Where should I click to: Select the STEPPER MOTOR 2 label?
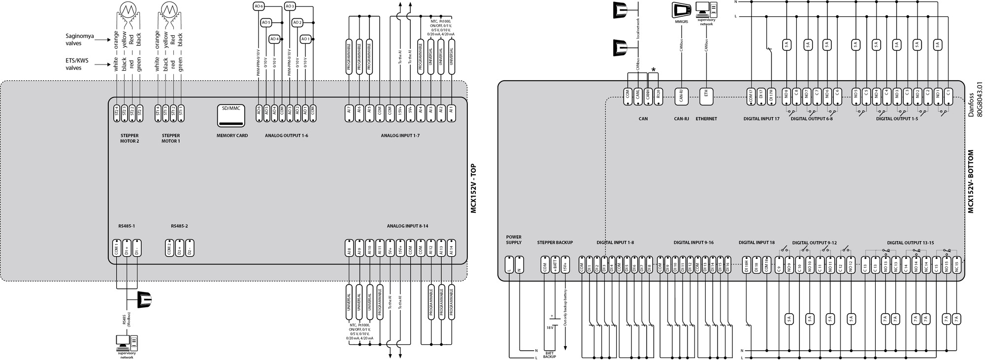point(130,138)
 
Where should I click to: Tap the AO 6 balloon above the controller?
point(259,6)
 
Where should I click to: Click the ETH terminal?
point(706,97)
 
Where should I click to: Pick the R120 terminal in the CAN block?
point(659,96)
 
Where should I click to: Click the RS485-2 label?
point(179,227)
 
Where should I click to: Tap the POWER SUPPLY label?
point(514,240)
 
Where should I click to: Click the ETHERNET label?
point(706,119)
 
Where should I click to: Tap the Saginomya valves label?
point(80,40)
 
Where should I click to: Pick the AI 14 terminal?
point(451,248)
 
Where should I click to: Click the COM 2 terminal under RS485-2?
point(169,248)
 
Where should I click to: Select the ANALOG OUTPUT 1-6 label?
point(287,135)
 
